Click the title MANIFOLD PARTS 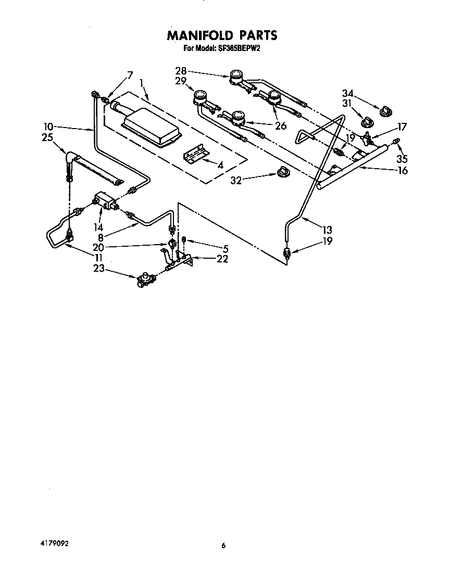tap(222, 35)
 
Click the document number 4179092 tap(54, 543)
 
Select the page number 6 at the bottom tap(223, 546)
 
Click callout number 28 tap(181, 71)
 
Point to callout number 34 tap(348, 94)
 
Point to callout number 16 tap(402, 171)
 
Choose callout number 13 tap(327, 230)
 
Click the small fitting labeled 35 tap(397, 140)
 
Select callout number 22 tap(222, 259)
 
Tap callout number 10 tap(48, 127)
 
